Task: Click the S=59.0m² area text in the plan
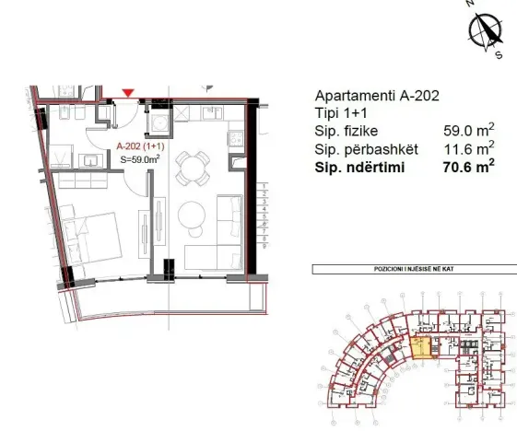pyautogui.click(x=140, y=158)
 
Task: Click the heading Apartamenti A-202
pyautogui.click(x=370, y=96)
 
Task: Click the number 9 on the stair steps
pyautogui.click(x=264, y=246)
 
